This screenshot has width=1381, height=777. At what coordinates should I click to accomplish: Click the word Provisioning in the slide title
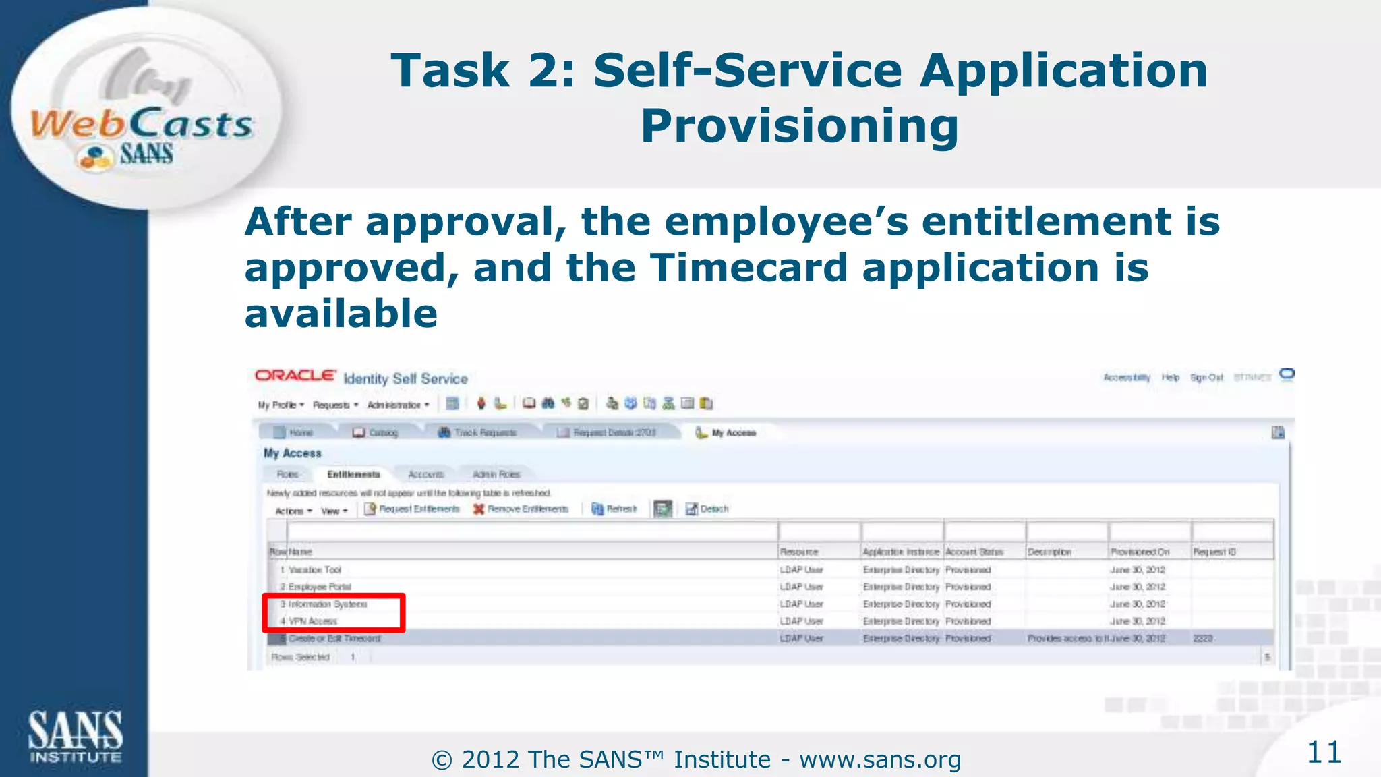799,126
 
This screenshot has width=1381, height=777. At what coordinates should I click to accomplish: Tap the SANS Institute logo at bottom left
75,737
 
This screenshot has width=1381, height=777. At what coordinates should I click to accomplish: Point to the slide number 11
1324,752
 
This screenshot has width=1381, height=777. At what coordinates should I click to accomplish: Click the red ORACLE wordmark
295,376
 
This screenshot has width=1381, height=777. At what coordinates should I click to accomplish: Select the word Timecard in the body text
748,268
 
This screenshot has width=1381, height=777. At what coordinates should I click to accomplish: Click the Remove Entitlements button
521,509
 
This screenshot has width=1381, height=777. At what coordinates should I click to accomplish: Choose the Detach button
707,509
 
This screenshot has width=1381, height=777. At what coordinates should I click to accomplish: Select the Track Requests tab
478,433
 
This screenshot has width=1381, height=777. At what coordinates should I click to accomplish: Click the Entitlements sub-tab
353,475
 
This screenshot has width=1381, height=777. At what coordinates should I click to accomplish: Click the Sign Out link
1206,378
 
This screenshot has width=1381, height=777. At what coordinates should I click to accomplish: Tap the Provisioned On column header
1140,552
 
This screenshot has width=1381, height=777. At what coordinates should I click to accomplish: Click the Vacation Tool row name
315,570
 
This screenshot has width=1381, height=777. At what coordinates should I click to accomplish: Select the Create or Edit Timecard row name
334,639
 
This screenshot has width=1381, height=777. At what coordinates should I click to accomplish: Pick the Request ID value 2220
1203,639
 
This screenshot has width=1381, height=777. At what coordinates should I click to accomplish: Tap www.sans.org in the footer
880,760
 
